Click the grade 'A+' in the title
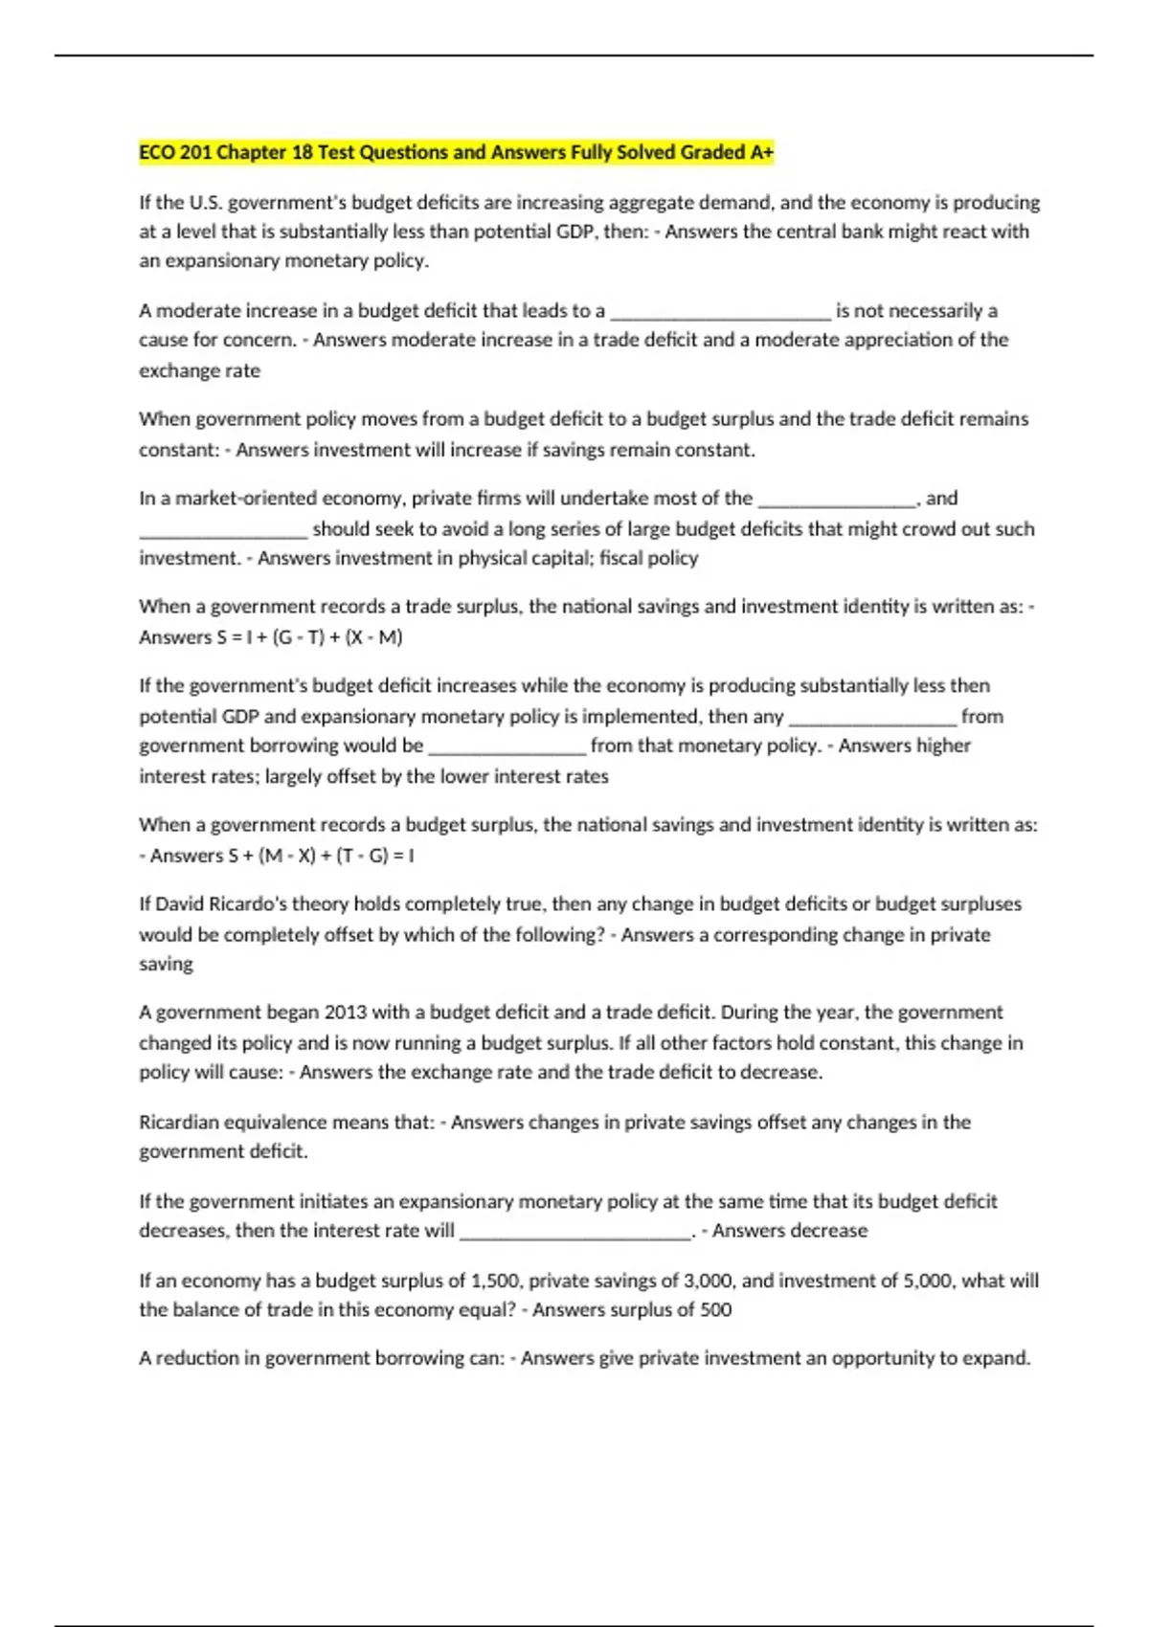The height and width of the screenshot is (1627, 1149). click(x=762, y=152)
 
